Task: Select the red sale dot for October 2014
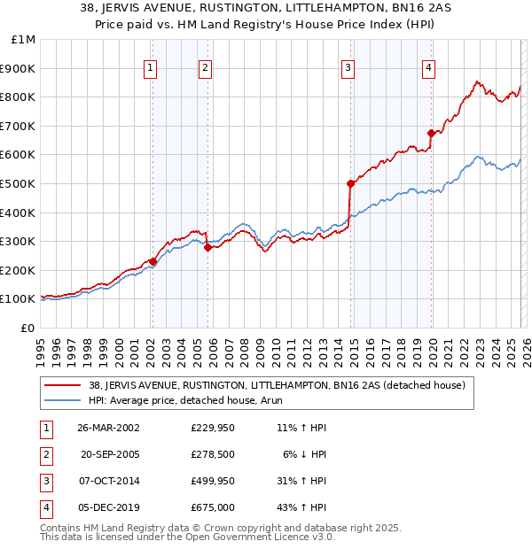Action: (x=351, y=183)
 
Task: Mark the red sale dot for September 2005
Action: (x=208, y=248)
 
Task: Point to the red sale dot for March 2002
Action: (x=153, y=261)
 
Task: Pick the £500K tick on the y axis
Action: (x=20, y=183)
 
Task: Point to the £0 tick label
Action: (x=27, y=328)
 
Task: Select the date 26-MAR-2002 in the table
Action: (x=108, y=428)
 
